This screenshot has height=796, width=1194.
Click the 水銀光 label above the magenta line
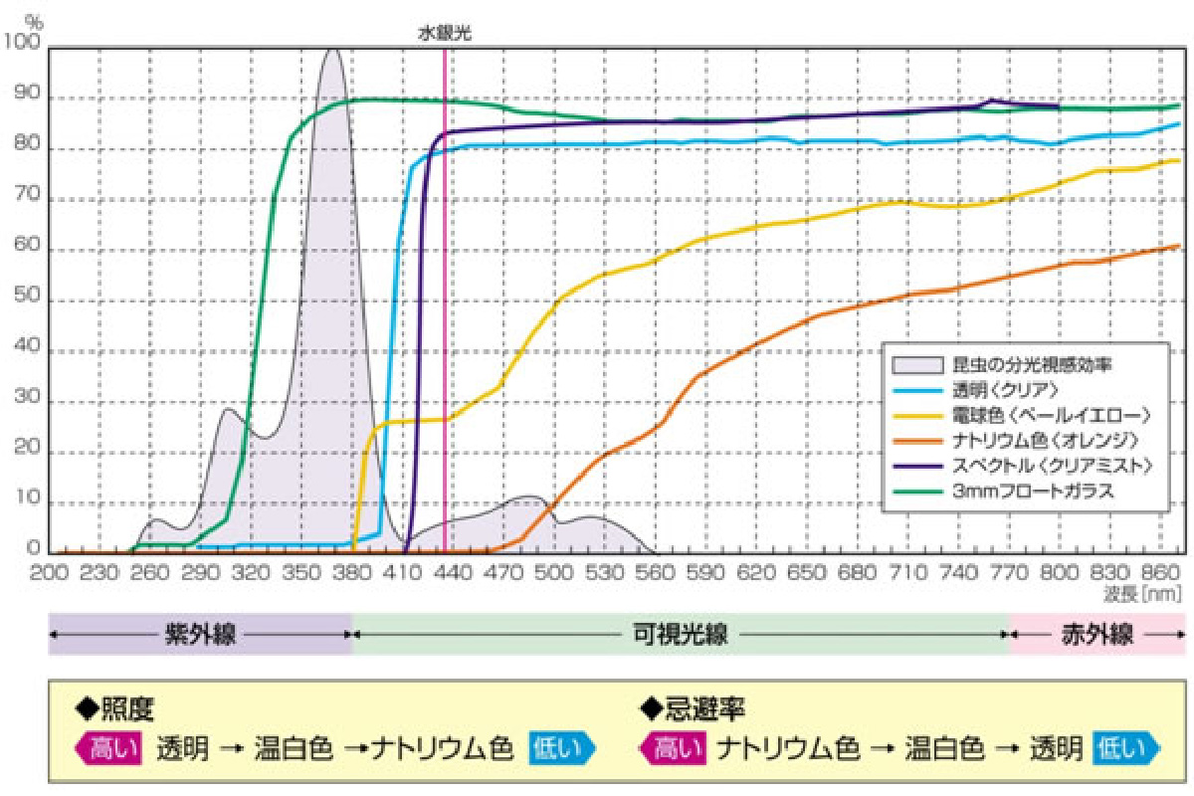click(444, 33)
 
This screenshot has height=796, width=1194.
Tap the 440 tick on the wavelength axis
click(454, 574)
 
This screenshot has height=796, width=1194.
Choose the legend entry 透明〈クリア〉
click(985, 389)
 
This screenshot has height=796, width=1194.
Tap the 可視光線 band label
click(681, 634)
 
